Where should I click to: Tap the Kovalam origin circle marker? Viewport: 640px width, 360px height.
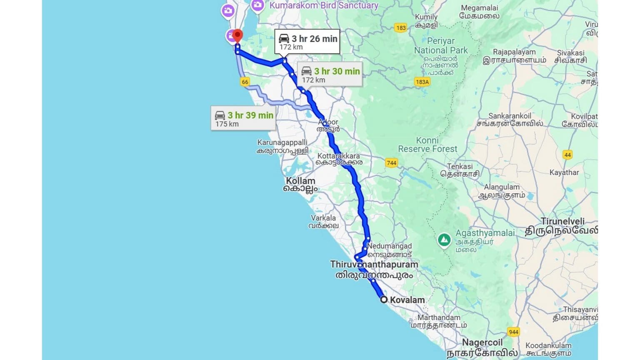click(x=384, y=299)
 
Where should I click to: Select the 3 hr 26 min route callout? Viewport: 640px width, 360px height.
click(x=307, y=42)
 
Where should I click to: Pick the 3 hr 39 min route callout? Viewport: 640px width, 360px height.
click(x=243, y=118)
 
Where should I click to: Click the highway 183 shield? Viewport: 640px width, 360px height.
click(x=401, y=28)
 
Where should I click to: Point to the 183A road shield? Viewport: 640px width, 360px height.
click(x=422, y=82)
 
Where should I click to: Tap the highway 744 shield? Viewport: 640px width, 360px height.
click(x=391, y=163)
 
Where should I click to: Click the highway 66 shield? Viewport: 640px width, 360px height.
click(x=245, y=82)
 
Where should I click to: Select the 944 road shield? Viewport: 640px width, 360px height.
click(x=513, y=332)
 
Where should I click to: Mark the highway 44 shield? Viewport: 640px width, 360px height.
click(x=567, y=155)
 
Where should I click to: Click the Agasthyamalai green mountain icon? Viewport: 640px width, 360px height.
click(x=444, y=240)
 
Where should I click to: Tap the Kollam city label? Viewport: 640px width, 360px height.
click(x=300, y=184)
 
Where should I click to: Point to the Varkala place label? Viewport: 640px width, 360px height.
click(x=323, y=221)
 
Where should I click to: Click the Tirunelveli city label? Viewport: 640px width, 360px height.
click(x=562, y=226)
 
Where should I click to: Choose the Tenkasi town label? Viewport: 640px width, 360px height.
click(x=460, y=170)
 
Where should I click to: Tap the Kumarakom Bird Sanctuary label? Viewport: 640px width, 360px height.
click(x=324, y=5)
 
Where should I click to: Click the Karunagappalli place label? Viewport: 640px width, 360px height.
click(x=282, y=146)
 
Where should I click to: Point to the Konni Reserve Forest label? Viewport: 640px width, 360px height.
click(x=427, y=145)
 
